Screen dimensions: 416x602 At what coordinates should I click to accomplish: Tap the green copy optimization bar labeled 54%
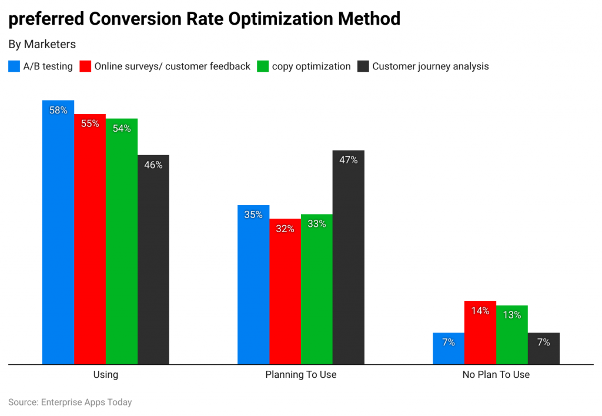tap(122, 241)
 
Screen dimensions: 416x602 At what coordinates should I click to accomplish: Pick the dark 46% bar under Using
tap(153, 259)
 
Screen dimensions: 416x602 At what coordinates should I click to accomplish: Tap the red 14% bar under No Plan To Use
tap(480, 333)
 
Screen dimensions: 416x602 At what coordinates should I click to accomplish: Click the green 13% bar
tap(512, 335)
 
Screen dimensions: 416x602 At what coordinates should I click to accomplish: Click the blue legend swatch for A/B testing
tap(14, 66)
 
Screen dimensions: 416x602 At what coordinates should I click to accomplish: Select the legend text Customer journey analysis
tap(430, 66)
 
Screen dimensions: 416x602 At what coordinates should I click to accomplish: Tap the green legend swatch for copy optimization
tap(263, 66)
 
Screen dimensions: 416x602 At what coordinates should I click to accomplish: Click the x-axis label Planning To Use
tap(301, 374)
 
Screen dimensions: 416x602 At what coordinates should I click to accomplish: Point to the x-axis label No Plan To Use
tap(496, 374)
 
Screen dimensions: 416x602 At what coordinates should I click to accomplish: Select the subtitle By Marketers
tap(42, 44)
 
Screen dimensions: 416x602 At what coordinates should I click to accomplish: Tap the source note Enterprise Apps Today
tap(86, 402)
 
